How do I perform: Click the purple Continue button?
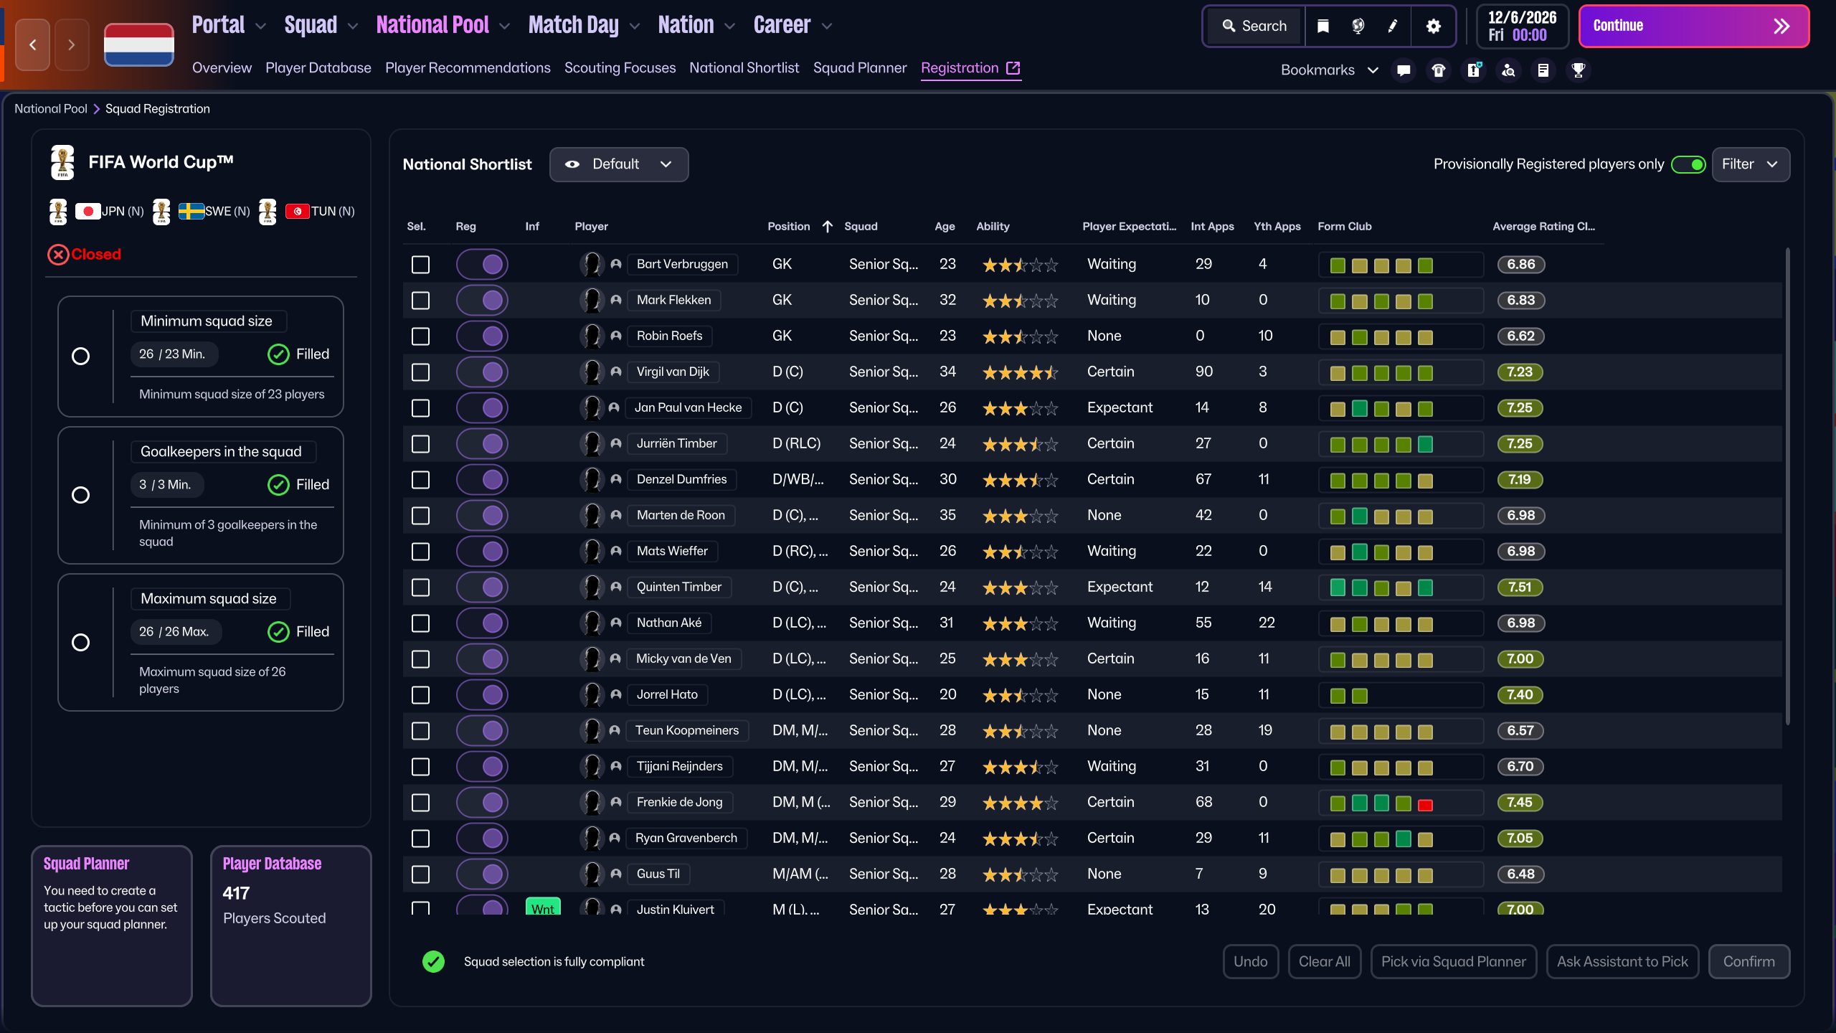1693,27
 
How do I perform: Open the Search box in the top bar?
1254,27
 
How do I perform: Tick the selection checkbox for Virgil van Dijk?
421,372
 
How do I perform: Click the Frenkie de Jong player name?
679,802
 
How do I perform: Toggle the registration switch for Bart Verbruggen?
482,265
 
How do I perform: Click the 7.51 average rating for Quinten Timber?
1520,588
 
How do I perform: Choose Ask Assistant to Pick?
1622,961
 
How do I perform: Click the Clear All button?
1324,961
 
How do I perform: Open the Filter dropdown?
1750,164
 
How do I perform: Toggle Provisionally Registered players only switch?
1688,164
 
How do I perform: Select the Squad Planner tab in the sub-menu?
860,68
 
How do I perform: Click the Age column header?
945,227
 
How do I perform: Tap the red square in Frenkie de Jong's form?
1425,805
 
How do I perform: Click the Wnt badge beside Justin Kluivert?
543,907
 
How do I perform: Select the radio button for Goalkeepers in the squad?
81,495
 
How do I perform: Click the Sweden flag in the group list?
191,211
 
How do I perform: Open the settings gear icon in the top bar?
1433,27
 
